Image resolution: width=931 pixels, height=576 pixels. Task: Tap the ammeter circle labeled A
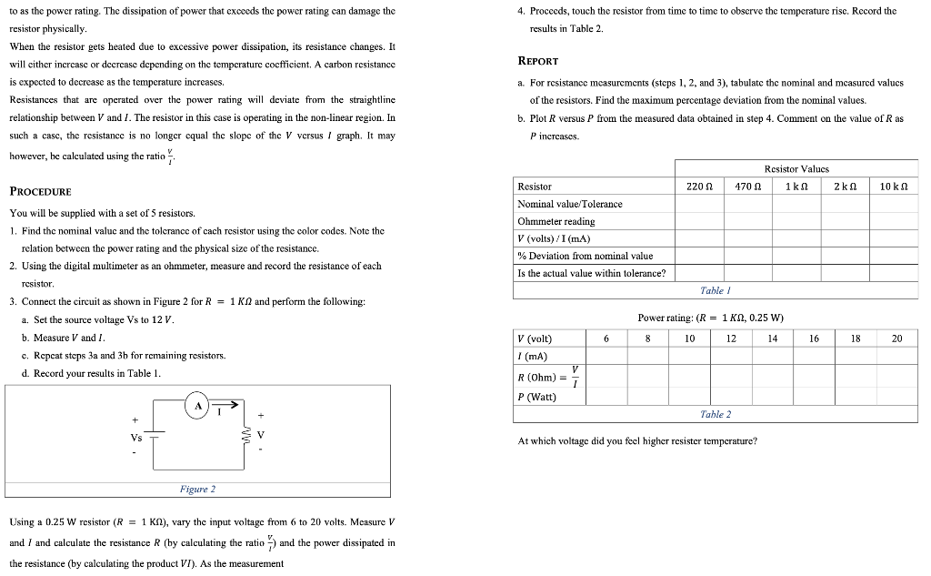(x=195, y=407)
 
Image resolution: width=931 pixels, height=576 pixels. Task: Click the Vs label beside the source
(x=136, y=437)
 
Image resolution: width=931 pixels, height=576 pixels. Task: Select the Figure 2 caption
(x=197, y=490)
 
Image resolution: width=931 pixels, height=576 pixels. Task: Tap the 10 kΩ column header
(x=895, y=186)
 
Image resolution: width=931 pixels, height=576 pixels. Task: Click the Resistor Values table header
(x=796, y=168)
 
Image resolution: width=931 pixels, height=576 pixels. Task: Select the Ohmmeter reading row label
(x=556, y=221)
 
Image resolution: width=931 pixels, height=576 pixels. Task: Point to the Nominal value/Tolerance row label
(x=569, y=204)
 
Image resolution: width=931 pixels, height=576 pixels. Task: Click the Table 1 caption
(x=716, y=290)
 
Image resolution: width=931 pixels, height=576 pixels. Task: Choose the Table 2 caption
(x=716, y=414)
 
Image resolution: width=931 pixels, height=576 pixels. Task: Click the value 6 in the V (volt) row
(x=606, y=339)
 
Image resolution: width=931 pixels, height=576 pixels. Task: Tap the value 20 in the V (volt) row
(x=897, y=339)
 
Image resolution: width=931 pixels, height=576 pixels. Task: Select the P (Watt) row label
(x=536, y=397)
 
